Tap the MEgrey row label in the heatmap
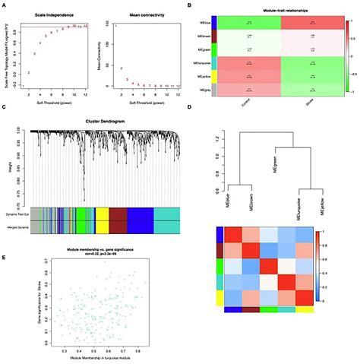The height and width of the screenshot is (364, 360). coord(202,89)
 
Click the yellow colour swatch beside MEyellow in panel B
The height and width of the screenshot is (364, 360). coord(215,76)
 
